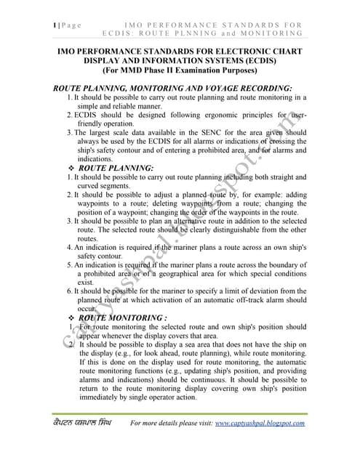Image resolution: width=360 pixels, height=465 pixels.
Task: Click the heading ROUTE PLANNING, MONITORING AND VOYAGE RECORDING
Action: (173, 88)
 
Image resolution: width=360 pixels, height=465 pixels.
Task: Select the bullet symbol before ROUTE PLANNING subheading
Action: (70, 168)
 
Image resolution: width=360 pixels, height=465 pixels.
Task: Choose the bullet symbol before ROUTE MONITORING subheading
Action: (70, 318)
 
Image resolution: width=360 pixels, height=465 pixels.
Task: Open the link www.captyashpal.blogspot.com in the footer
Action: (260, 423)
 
